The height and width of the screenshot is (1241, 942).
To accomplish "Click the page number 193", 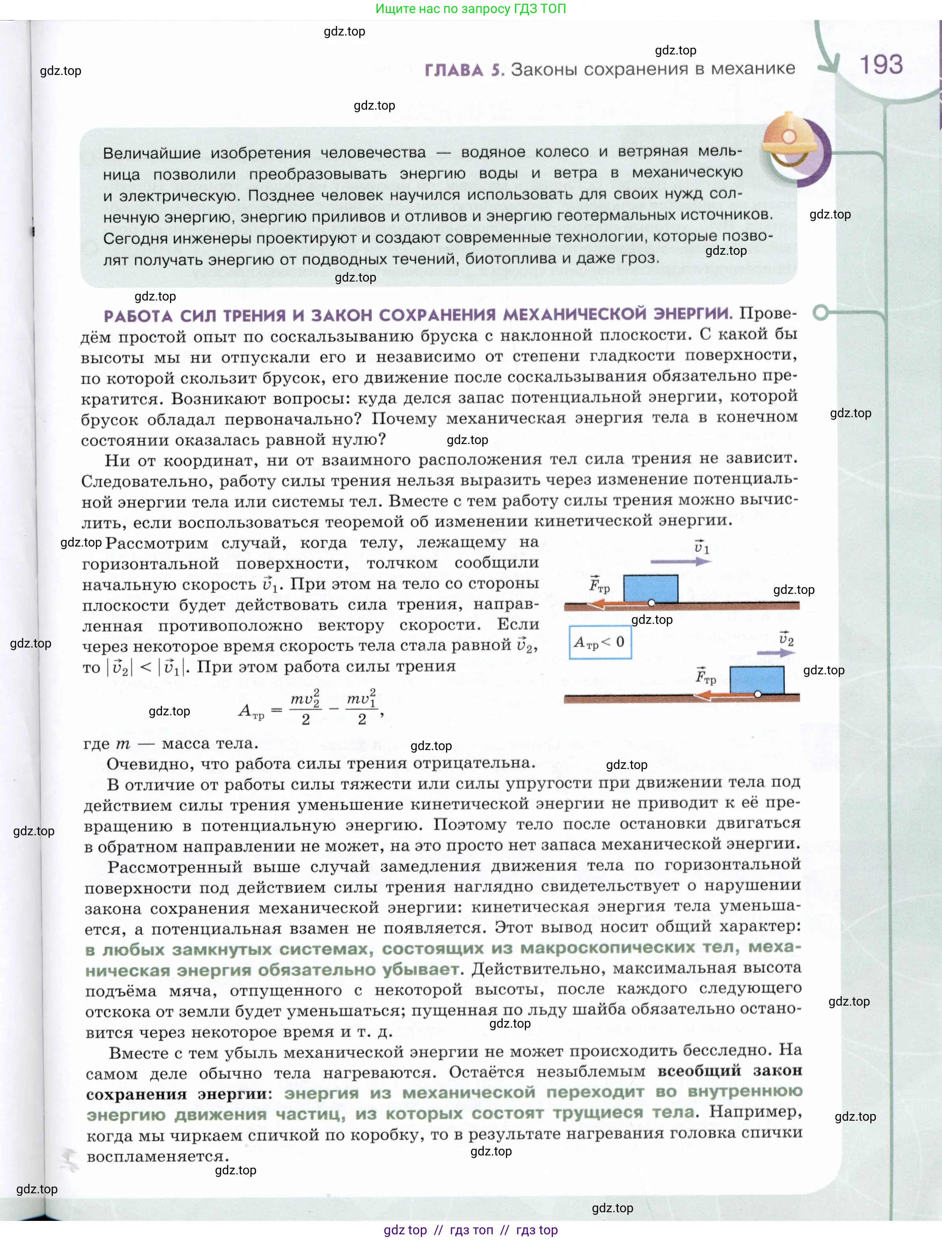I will click(x=881, y=65).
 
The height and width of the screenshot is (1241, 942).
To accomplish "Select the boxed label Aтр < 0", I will click(x=599, y=642).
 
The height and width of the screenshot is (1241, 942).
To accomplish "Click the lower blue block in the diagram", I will click(x=756, y=679).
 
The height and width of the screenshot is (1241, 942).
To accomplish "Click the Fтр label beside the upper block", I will click(x=599, y=585).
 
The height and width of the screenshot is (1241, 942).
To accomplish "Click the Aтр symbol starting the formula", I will click(x=251, y=712).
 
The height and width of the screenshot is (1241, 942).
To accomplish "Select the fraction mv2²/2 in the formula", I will click(x=305, y=709).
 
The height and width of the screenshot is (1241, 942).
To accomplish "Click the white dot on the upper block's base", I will click(x=651, y=603).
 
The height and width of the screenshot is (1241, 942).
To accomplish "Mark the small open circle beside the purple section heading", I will click(x=821, y=312).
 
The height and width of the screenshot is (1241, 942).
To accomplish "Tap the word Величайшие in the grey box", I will click(x=151, y=153).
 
